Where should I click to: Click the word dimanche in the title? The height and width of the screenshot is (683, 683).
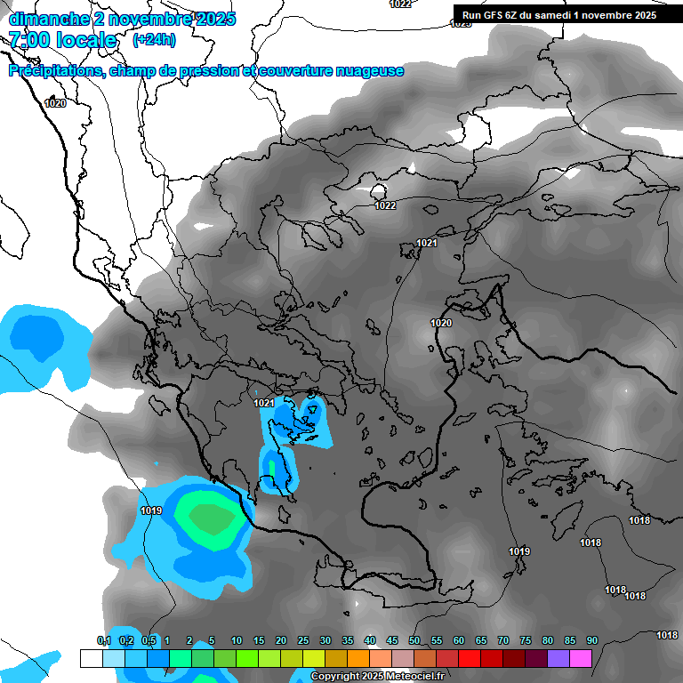click(x=44, y=19)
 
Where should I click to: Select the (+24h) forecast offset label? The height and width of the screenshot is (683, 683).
click(x=154, y=40)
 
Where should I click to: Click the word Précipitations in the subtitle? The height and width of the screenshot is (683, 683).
click(x=53, y=71)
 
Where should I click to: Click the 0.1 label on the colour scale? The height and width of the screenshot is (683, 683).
click(x=103, y=641)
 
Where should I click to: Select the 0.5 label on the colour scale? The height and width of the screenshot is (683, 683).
click(x=149, y=641)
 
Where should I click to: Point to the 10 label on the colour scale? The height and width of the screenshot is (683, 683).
click(x=237, y=641)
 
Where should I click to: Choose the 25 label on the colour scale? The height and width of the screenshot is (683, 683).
click(x=303, y=641)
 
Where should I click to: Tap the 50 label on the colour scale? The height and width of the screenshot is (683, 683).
click(x=414, y=641)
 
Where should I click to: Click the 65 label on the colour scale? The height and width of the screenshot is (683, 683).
click(x=481, y=641)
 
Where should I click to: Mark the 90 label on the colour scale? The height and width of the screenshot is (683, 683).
click(x=592, y=641)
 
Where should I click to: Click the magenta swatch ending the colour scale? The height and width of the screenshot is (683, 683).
click(x=581, y=658)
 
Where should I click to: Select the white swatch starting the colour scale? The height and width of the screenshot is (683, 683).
click(x=91, y=658)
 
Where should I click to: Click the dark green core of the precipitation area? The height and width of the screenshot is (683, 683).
click(x=208, y=518)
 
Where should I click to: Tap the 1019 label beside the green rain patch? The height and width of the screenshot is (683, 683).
click(x=151, y=510)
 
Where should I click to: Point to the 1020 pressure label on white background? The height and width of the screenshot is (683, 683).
click(x=55, y=103)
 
